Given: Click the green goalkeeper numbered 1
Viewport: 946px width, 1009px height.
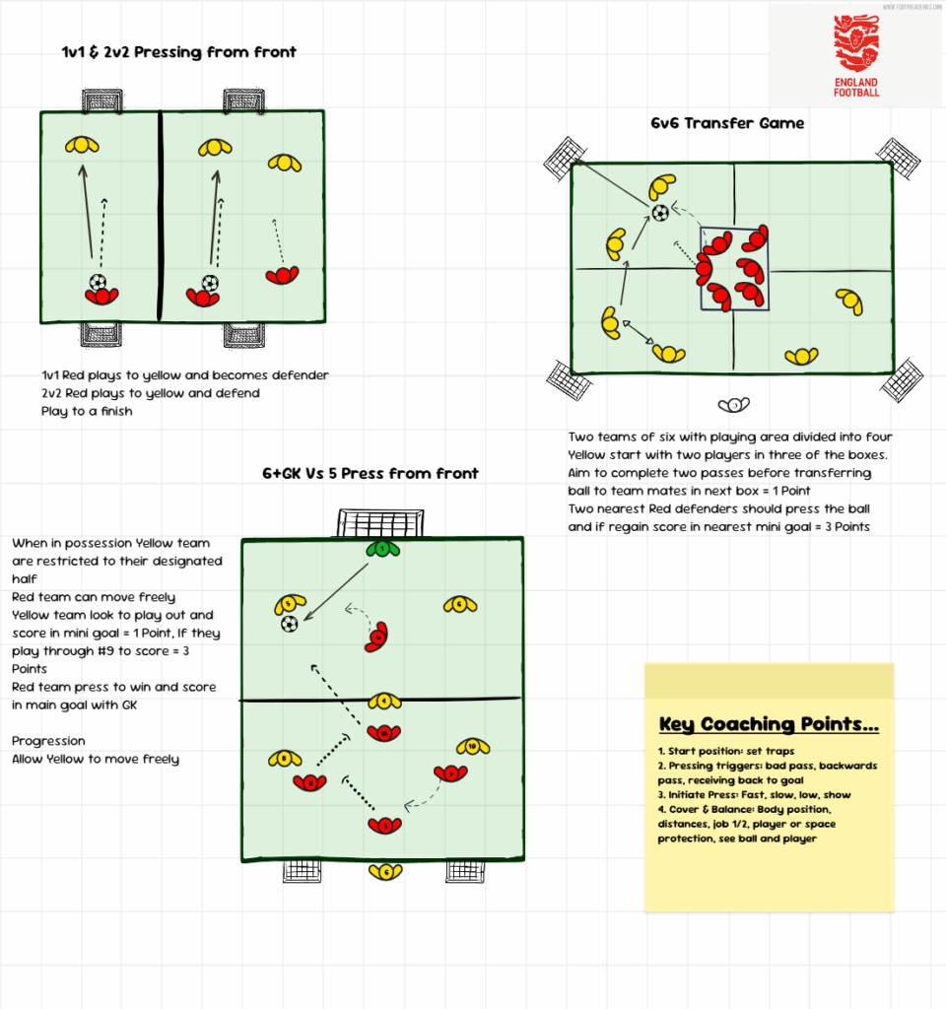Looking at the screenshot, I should click(379, 548).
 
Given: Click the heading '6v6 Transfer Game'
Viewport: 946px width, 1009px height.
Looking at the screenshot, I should click(727, 123).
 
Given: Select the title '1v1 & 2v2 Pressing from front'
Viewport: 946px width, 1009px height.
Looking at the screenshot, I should click(178, 52).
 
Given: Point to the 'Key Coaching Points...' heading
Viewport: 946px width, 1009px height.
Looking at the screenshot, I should click(769, 725).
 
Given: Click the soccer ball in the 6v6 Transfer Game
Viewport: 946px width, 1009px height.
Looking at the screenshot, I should click(660, 212).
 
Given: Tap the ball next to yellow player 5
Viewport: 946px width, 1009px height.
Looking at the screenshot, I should click(289, 624).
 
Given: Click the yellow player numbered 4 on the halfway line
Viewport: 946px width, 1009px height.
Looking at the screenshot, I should click(384, 702).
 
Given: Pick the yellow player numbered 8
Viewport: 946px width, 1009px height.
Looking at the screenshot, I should click(285, 759).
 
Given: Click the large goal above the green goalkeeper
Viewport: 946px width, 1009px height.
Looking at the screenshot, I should click(379, 522).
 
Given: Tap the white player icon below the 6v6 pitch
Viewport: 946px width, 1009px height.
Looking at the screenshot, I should click(734, 405).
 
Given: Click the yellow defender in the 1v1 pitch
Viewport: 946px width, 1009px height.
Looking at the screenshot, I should click(82, 146).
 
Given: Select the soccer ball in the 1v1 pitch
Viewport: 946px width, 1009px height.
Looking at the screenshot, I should click(98, 282).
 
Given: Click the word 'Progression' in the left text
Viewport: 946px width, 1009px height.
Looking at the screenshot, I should click(48, 741).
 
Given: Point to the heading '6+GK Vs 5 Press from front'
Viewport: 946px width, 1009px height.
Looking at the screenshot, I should click(370, 473).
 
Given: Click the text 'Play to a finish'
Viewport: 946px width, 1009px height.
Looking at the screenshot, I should click(87, 411).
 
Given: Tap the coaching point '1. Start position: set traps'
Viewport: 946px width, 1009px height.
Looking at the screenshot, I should click(726, 751).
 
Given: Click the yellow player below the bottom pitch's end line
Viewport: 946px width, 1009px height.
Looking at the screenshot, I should click(385, 871).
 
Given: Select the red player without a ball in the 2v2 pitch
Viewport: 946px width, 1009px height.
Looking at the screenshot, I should click(282, 276).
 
